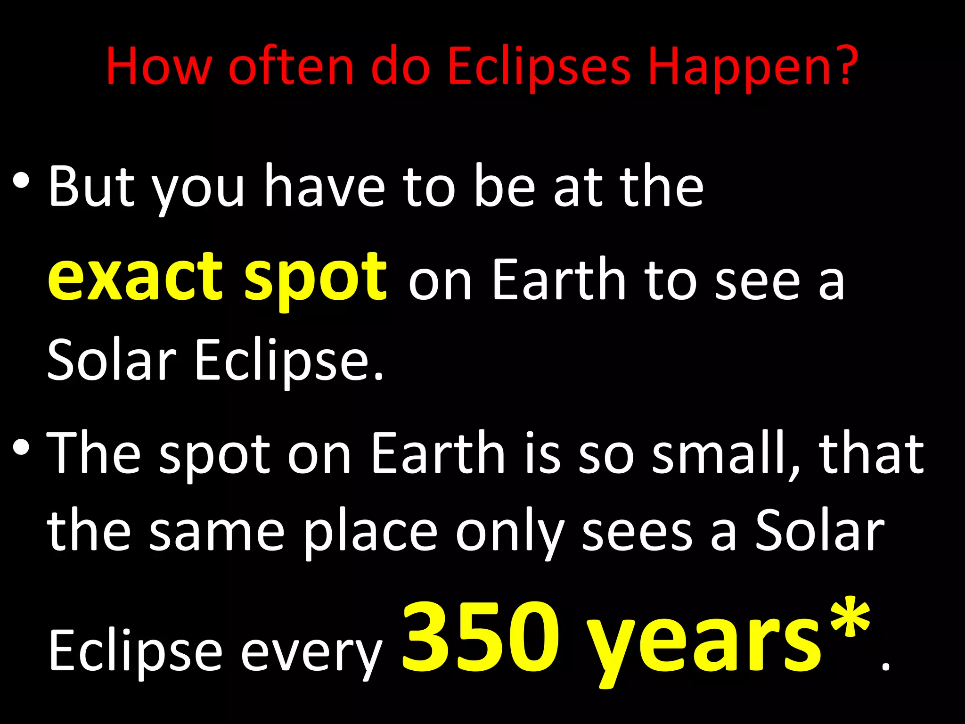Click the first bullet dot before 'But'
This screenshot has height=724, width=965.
click(21, 181)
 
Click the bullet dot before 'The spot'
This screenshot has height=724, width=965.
click(21, 448)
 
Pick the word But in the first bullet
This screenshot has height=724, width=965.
click(92, 186)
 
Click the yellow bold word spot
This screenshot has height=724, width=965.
click(316, 280)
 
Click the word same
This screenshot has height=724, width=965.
click(217, 533)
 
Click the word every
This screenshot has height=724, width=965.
click(311, 653)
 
